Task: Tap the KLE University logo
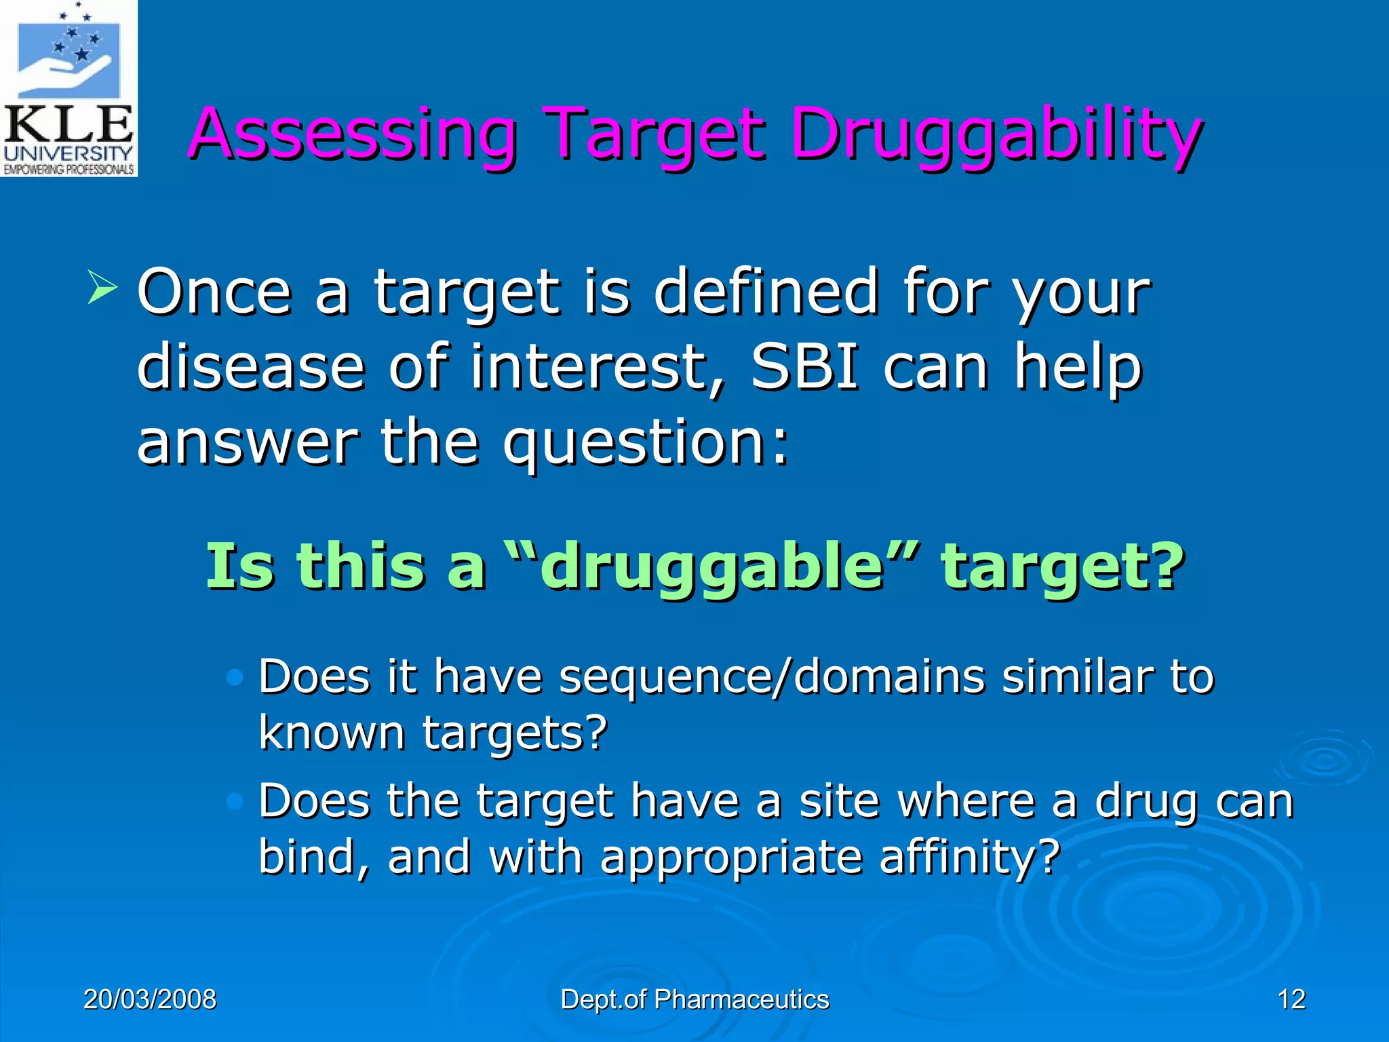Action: point(69,88)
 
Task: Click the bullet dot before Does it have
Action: point(235,677)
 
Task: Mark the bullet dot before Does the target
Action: point(235,802)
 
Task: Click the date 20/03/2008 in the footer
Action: point(150,999)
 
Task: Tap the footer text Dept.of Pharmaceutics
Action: point(694,999)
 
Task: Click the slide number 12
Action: point(1291,999)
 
